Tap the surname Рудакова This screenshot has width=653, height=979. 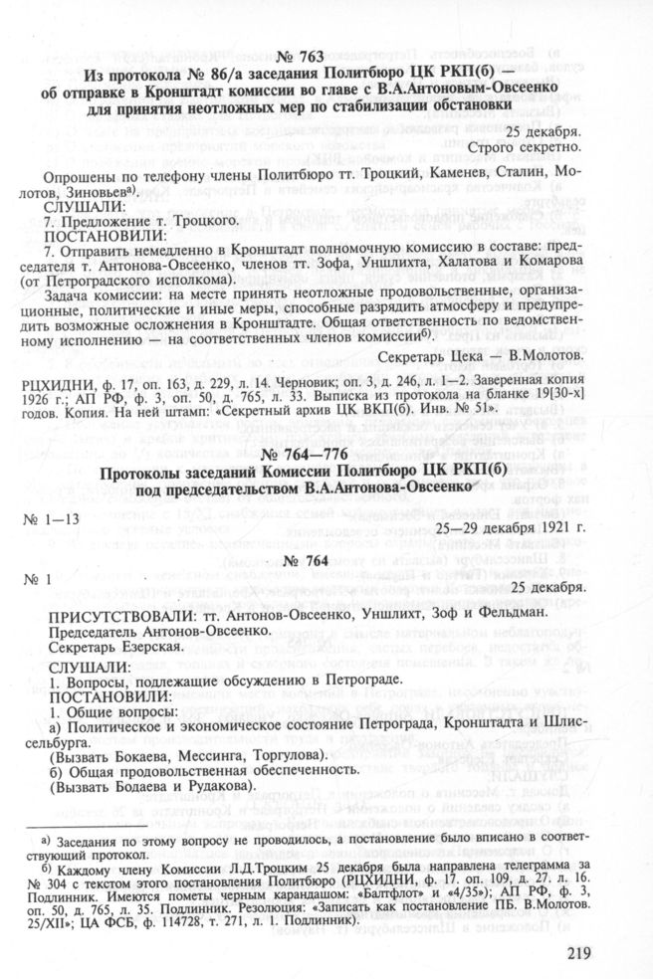[202, 790]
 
